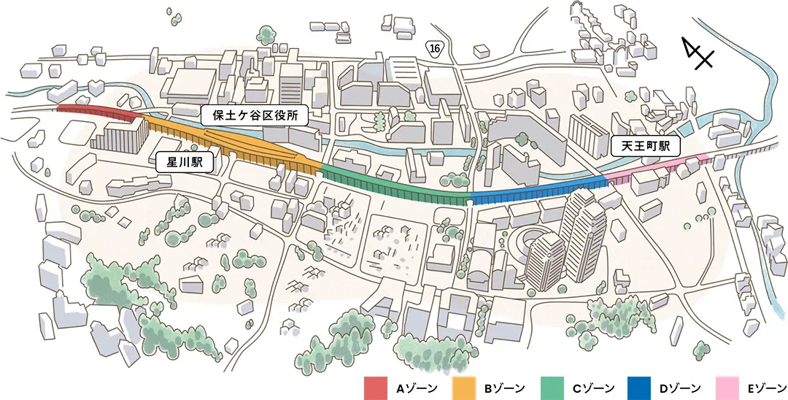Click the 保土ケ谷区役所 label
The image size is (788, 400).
tap(254, 115)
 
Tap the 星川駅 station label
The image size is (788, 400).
tap(185, 161)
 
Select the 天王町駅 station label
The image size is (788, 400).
tap(645, 146)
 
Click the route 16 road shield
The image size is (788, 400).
tap(435, 47)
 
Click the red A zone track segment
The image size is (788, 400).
tap(98, 111)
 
